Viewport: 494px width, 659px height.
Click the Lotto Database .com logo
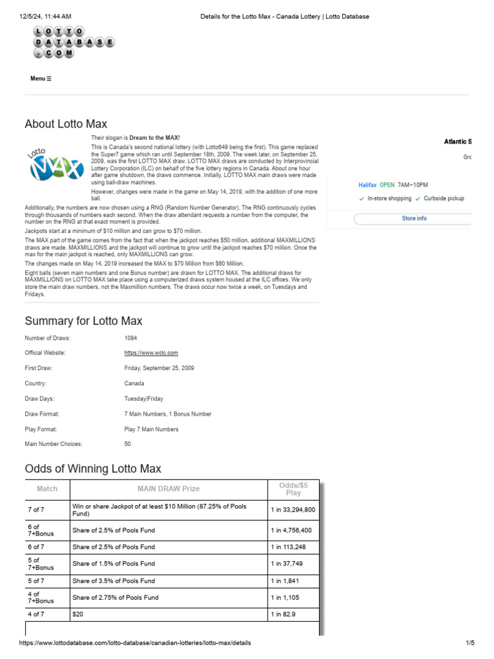click(x=74, y=42)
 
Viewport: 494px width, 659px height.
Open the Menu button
click(x=41, y=79)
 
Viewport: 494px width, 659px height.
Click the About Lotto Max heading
click(x=66, y=124)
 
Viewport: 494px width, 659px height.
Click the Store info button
click(x=414, y=219)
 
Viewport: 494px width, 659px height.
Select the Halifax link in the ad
click(x=367, y=185)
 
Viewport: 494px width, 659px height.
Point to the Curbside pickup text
click(x=444, y=199)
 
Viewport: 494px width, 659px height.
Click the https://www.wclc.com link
click(x=151, y=353)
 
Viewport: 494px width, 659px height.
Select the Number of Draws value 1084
click(x=131, y=338)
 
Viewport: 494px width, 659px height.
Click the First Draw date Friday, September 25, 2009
click(x=159, y=368)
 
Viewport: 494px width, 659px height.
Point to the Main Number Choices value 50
click(x=127, y=444)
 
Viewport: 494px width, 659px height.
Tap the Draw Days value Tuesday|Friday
click(x=145, y=398)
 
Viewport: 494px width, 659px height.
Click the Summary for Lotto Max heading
click(x=84, y=320)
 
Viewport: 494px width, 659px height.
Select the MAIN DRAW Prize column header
click(x=169, y=489)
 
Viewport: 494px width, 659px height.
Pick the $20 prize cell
click(x=78, y=615)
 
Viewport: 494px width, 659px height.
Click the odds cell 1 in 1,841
click(x=284, y=580)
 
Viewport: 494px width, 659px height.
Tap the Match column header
click(x=47, y=489)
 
